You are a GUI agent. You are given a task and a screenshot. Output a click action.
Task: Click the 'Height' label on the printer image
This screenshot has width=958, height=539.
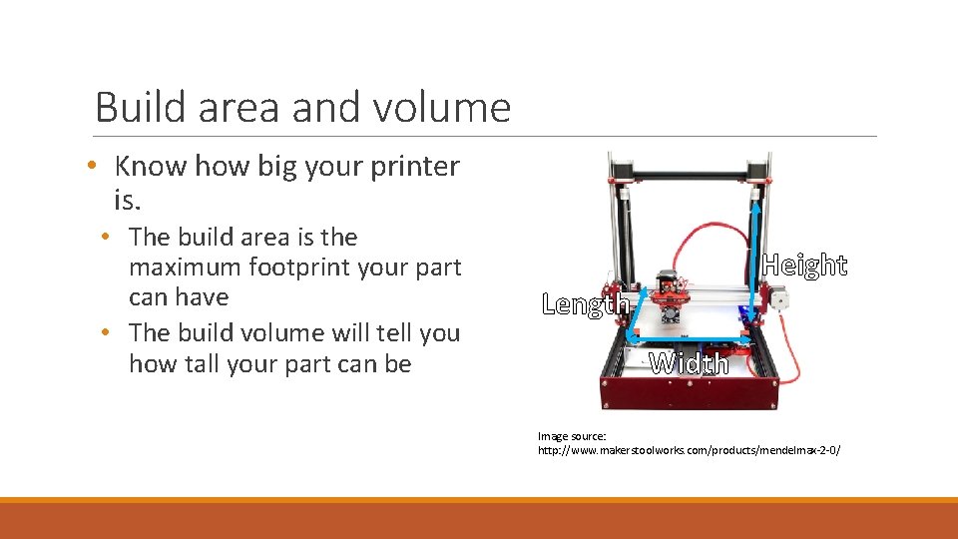click(x=804, y=266)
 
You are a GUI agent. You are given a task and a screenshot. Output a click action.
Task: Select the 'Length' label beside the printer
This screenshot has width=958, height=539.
click(x=585, y=303)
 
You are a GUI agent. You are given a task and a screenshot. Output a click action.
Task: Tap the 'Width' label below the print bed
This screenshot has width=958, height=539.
click(x=689, y=363)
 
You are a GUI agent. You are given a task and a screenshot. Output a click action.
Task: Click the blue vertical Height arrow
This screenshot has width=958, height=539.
click(x=757, y=250)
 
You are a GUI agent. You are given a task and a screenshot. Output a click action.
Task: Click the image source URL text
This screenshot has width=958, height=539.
click(x=689, y=451)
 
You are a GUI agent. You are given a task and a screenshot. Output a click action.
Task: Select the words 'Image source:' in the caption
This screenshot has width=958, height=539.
click(x=572, y=436)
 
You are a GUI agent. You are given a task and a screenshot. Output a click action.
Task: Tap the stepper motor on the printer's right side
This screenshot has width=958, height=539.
click(x=776, y=296)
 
